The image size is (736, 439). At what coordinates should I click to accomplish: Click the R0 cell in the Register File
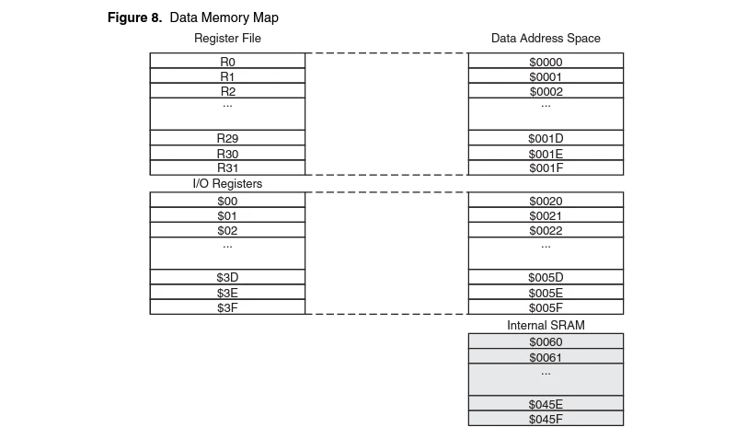(x=227, y=62)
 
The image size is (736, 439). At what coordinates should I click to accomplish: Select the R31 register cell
(x=227, y=168)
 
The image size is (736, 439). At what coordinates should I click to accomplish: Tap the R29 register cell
(x=227, y=138)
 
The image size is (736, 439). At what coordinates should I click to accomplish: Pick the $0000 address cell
(x=546, y=62)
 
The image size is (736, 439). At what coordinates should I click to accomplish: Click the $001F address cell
(x=546, y=168)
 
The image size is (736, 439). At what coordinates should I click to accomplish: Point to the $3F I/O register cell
(x=227, y=307)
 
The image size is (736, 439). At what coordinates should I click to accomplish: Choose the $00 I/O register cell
(x=227, y=201)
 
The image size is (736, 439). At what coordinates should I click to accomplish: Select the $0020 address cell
(x=546, y=201)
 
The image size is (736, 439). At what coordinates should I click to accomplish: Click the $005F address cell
(x=546, y=307)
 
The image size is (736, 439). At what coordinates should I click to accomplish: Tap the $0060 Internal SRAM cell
(x=546, y=341)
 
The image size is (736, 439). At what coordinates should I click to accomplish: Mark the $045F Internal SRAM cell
(x=546, y=419)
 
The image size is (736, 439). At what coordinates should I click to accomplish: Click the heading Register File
(x=227, y=39)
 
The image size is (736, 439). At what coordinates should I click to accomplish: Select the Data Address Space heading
(x=546, y=39)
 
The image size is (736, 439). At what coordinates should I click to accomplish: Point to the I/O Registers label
(x=227, y=184)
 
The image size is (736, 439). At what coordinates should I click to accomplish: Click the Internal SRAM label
(x=546, y=326)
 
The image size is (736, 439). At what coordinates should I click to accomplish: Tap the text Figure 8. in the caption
(x=135, y=17)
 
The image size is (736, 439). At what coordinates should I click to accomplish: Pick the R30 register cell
(x=227, y=154)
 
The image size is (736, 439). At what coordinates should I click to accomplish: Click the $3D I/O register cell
(x=227, y=277)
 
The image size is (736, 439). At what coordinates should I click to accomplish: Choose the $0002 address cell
(x=546, y=91)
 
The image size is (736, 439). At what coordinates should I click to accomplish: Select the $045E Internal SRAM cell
(x=546, y=404)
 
